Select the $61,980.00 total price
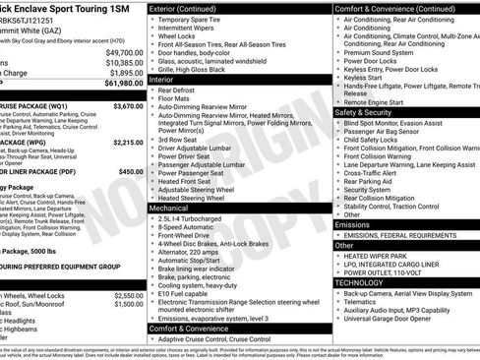123,84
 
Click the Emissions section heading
353,224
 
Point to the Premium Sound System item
385,52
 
